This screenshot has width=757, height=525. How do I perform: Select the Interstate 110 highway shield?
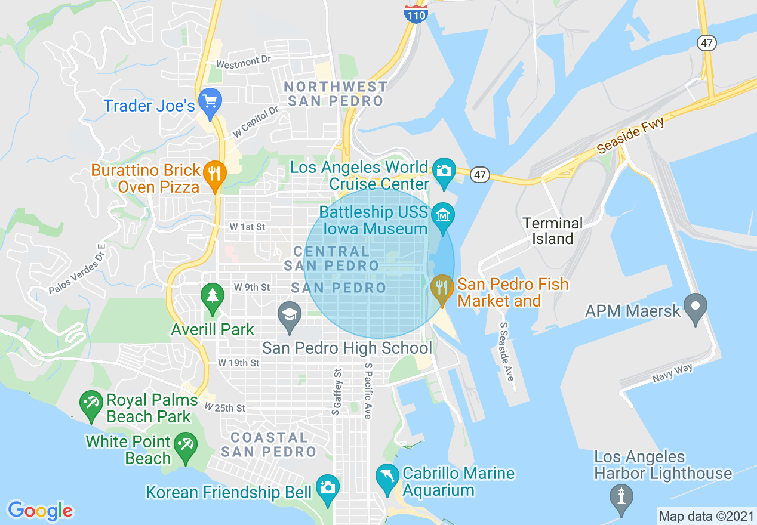416,13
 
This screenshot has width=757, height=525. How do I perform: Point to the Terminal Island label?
552,231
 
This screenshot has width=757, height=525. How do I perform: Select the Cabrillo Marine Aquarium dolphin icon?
387,477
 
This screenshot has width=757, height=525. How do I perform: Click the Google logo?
40,511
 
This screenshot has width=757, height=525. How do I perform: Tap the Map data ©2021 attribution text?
705,516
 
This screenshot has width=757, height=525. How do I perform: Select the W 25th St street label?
225,408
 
